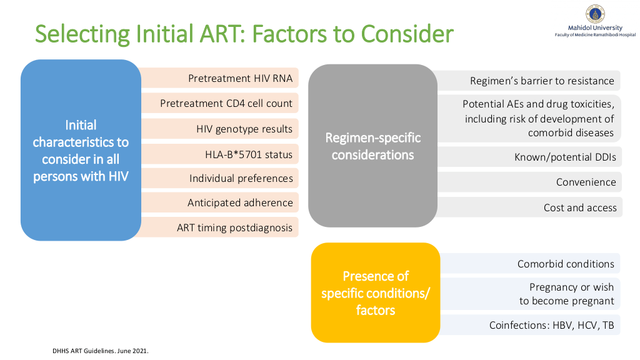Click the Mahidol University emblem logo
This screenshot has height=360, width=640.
(x=595, y=14)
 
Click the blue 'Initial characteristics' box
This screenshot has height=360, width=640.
(x=81, y=150)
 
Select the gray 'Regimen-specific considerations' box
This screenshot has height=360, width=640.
(x=372, y=146)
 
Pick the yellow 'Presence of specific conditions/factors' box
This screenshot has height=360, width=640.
(x=376, y=292)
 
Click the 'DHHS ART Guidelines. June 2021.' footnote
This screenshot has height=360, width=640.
(x=101, y=351)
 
